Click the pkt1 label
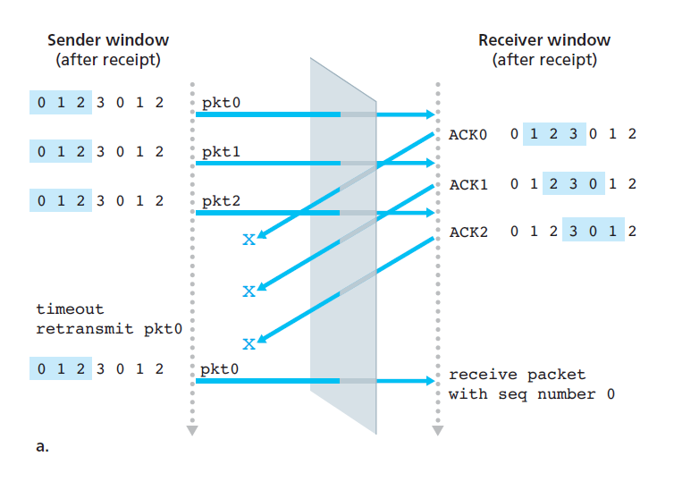(x=220, y=152)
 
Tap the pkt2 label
(x=220, y=201)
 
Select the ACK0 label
(x=467, y=136)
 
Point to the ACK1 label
(x=467, y=185)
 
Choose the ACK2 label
(x=467, y=233)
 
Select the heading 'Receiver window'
(x=544, y=40)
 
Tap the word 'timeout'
(x=70, y=309)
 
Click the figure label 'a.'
(x=42, y=447)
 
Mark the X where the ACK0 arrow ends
(x=249, y=241)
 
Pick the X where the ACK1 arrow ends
(x=249, y=291)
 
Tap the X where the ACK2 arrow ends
(x=249, y=343)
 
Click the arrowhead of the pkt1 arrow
(x=431, y=164)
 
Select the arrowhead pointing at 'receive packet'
(x=431, y=382)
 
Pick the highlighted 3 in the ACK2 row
(x=572, y=233)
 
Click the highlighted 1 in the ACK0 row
(x=534, y=136)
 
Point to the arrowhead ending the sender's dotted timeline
(x=191, y=431)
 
